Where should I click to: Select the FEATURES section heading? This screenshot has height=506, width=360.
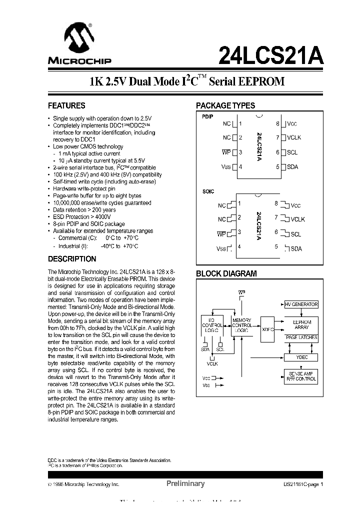tap(66, 105)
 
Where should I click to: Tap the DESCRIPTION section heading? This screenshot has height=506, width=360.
tap(71, 259)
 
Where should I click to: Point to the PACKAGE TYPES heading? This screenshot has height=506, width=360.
tap(225, 105)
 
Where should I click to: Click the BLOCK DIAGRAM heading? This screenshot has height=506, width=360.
tap(226, 273)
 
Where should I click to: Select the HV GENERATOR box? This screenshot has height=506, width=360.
tap(301, 304)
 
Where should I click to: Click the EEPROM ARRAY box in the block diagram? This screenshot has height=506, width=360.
tap(301, 324)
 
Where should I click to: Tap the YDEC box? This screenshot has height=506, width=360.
tap(301, 357)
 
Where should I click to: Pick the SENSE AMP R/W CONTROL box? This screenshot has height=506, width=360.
tap(301, 376)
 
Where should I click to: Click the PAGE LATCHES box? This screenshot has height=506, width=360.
tap(301, 338)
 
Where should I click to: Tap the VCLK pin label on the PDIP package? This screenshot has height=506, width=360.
tap(294, 137)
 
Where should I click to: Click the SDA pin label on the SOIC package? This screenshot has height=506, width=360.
tap(296, 248)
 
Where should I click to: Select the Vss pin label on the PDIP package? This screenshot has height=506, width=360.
tap(226, 167)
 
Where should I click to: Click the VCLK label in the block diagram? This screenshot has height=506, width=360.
tap(212, 364)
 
